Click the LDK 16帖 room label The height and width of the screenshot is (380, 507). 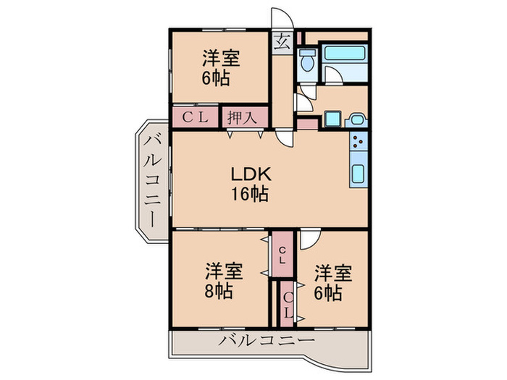coord(251,184)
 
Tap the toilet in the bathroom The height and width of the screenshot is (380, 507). coord(306,61)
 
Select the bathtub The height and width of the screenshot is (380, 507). coord(344,53)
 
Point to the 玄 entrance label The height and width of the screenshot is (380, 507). coord(282,41)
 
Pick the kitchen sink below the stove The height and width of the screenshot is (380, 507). coord(359,174)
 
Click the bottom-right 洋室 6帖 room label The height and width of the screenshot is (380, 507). coord(332,282)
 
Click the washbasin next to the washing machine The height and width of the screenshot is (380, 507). coord(356,120)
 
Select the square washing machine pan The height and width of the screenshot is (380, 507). coord(332,119)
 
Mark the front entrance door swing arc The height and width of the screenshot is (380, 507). coord(280,20)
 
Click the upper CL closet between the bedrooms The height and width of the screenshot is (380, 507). coord(283,254)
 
